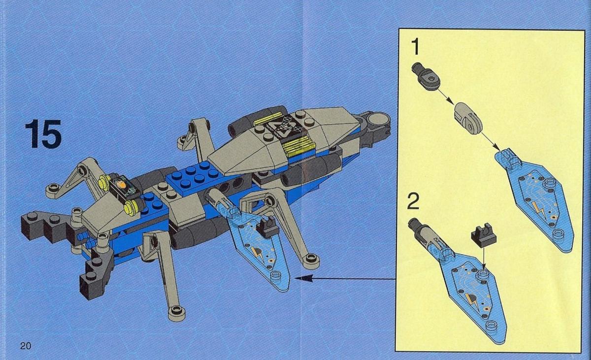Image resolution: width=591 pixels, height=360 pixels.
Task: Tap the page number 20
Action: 26,346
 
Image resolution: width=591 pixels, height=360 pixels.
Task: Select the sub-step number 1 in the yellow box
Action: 415,46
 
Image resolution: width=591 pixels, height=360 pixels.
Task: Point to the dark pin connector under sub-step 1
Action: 426,76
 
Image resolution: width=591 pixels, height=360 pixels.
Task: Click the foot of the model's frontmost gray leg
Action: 176,313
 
